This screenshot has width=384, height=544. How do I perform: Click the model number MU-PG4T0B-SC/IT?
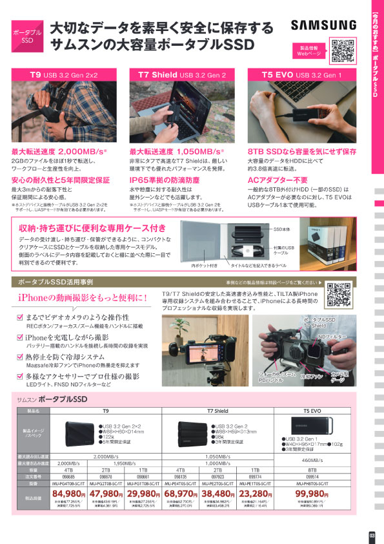(41, 483)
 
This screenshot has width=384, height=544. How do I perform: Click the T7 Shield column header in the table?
(217, 410)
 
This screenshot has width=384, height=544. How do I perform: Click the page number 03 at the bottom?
(371, 534)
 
